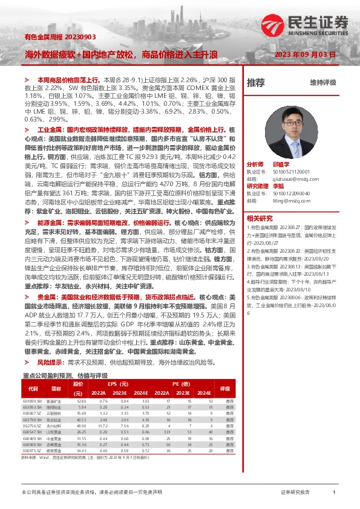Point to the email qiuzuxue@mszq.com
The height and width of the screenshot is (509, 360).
tap(287, 179)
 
